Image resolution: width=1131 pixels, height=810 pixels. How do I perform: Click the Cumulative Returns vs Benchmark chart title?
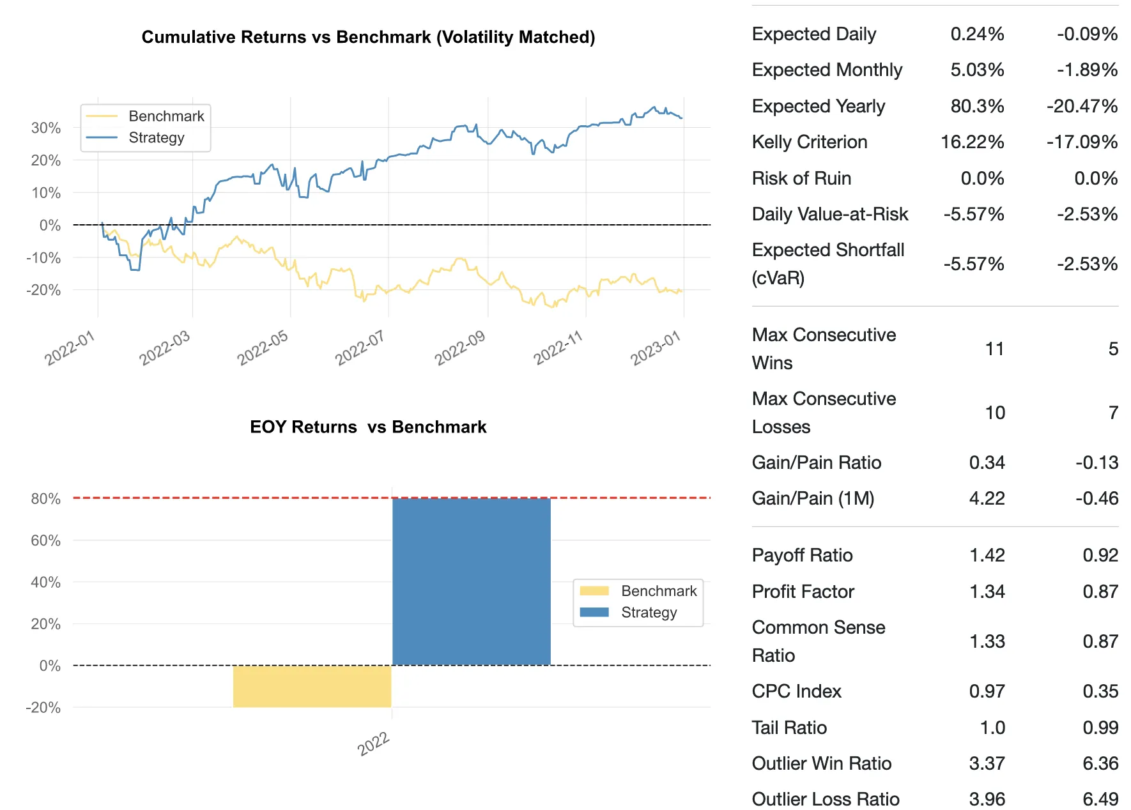click(368, 37)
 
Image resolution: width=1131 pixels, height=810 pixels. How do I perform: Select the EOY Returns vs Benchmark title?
click(368, 427)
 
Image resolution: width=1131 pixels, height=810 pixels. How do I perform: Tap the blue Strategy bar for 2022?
click(471, 581)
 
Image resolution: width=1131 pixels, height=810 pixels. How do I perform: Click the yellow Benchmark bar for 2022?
click(312, 686)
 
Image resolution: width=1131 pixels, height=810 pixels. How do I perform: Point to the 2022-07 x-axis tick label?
click(360, 348)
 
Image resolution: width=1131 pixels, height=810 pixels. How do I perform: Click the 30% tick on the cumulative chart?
click(46, 128)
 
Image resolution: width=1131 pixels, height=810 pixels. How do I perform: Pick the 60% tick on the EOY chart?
click(46, 540)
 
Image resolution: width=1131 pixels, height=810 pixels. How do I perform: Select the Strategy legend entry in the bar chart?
click(649, 612)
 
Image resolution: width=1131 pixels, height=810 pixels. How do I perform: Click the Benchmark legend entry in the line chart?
click(166, 116)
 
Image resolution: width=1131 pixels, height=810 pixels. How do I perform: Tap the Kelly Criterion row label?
click(810, 142)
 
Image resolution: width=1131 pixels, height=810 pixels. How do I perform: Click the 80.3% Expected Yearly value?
click(977, 106)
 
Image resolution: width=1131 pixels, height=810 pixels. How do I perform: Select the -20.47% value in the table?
click(1082, 106)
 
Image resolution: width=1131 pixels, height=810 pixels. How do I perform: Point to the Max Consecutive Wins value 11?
click(994, 349)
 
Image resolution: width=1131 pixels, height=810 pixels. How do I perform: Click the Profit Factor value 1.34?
click(987, 592)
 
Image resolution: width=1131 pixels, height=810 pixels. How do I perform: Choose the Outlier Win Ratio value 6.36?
click(1100, 763)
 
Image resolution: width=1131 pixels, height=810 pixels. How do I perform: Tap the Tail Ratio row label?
click(789, 728)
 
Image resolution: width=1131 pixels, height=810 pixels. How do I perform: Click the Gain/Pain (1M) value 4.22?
click(987, 498)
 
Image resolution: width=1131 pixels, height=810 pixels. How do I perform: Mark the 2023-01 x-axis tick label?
click(656, 348)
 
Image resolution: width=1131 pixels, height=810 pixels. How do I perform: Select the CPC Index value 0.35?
click(1100, 691)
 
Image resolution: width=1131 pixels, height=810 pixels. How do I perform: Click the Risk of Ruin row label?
click(801, 178)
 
